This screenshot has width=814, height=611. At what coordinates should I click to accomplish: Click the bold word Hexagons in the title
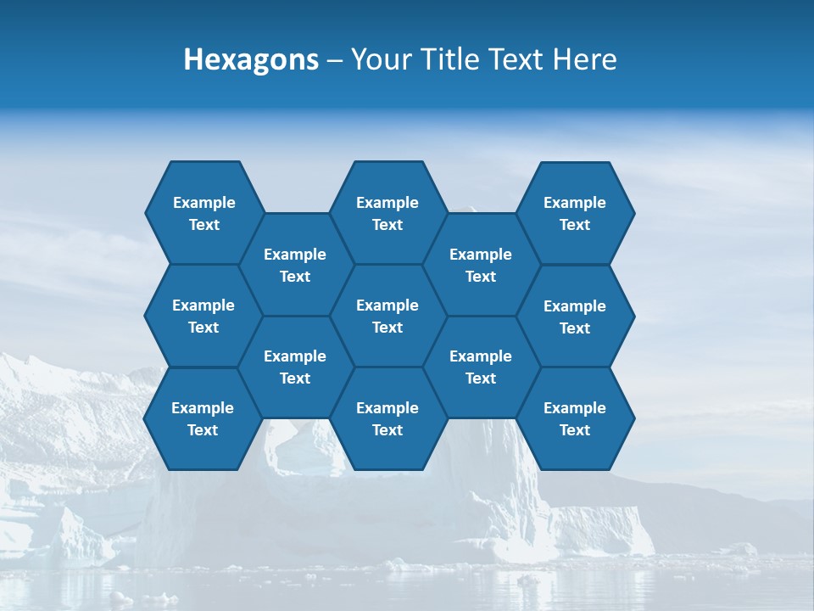[x=251, y=60]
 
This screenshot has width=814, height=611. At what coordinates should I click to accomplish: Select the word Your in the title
[x=376, y=60]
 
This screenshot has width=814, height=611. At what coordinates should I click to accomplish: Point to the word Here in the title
[x=585, y=60]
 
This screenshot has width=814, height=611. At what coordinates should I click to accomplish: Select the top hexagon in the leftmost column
[x=203, y=213]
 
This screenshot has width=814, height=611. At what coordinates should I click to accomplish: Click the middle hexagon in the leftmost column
[x=203, y=316]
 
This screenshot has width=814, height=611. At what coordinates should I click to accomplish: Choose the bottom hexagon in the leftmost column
[x=203, y=418]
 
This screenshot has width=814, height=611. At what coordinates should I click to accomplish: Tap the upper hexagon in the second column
[x=295, y=265]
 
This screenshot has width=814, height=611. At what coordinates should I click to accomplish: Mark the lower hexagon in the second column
[x=295, y=367]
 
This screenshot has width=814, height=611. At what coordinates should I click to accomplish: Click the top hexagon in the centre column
[x=387, y=213]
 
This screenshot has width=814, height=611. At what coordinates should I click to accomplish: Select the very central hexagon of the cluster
[x=387, y=316]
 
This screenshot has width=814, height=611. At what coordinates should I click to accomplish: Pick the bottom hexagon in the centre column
[x=387, y=418]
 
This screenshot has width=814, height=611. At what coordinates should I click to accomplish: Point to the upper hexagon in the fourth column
[x=481, y=265]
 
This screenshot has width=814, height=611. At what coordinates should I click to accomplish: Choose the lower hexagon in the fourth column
[x=481, y=367]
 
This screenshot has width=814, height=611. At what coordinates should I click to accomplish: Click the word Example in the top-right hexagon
[x=575, y=203]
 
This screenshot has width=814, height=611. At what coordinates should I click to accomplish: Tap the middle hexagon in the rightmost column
[x=575, y=317]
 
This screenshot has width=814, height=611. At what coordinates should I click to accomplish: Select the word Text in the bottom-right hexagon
[x=575, y=430]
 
